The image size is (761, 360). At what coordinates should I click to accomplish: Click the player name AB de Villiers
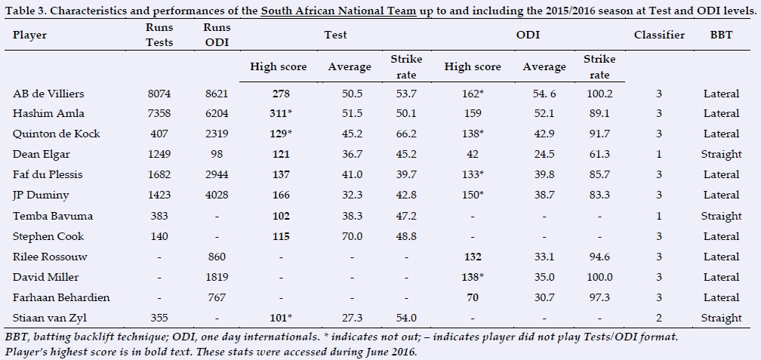click(x=48, y=94)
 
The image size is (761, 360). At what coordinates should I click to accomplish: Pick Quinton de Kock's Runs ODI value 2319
click(x=216, y=134)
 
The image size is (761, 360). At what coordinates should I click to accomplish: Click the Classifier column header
click(x=659, y=35)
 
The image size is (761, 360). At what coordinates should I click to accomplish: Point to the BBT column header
click(x=721, y=35)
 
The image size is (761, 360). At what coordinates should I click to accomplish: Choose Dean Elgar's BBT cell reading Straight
click(x=721, y=155)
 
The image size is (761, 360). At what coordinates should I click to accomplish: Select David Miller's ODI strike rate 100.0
click(x=599, y=277)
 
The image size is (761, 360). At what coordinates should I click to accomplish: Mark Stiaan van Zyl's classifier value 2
click(x=659, y=318)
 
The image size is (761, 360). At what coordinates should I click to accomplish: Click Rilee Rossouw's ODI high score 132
click(x=473, y=257)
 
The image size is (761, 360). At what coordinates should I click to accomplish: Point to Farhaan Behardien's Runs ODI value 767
click(x=216, y=297)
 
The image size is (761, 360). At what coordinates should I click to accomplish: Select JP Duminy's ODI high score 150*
click(x=473, y=195)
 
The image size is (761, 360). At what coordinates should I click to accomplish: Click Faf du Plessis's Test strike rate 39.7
click(x=406, y=175)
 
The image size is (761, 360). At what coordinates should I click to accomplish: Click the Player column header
click(x=30, y=35)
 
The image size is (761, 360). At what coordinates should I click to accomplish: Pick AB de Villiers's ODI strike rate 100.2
click(x=599, y=94)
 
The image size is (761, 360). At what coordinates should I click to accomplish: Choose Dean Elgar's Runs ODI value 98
click(x=216, y=155)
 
